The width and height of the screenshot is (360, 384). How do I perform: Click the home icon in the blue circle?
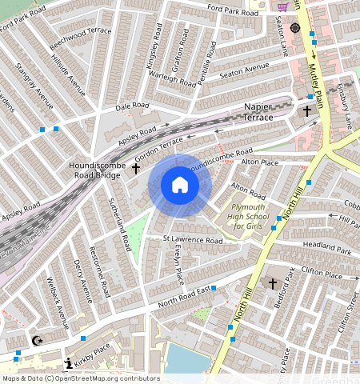180,185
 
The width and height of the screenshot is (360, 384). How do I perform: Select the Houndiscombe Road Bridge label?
96,168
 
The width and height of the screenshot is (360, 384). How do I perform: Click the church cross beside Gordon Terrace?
136,169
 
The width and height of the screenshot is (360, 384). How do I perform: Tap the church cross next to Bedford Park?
272,284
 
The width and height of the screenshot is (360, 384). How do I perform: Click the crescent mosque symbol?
36,341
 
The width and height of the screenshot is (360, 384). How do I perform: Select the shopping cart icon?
282,6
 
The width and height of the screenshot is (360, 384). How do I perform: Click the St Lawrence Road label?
192,240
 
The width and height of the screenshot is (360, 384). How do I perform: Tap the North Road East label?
184,295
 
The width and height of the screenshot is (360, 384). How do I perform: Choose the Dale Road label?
132,106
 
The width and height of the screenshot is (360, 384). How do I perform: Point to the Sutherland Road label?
118,223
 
